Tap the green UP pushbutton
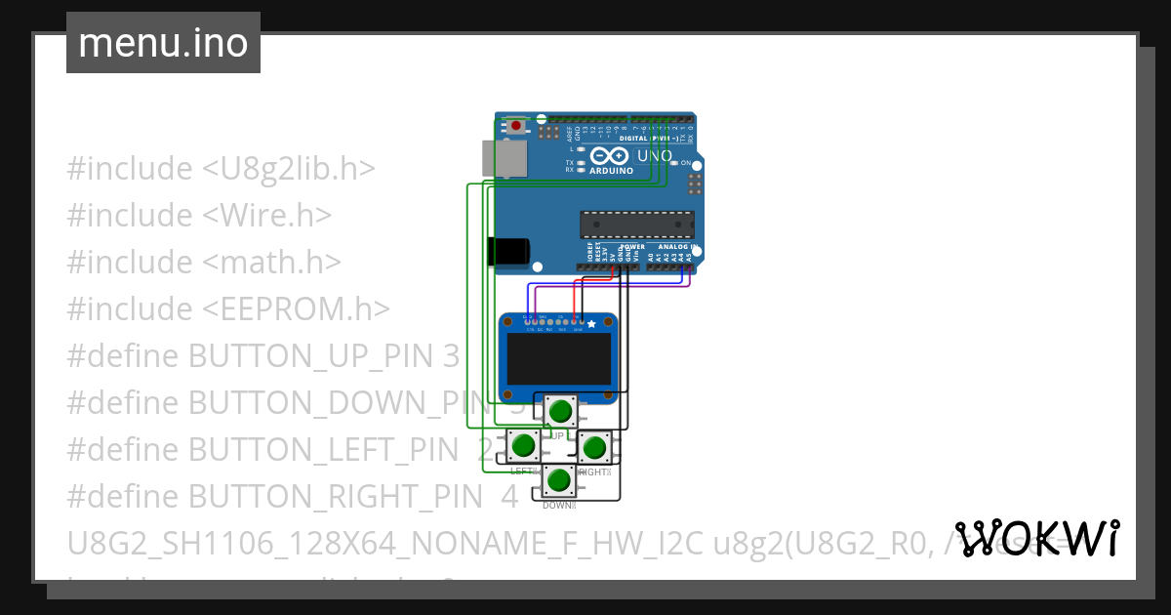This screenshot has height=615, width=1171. point(559,411)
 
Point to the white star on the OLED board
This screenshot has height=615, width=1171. point(590,323)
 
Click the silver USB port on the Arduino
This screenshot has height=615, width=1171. point(502,158)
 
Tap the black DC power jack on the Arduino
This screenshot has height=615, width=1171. point(508,252)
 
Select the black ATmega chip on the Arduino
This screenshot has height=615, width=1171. point(637,225)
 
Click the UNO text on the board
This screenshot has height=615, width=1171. point(654,155)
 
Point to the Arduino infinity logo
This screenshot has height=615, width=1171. point(610,156)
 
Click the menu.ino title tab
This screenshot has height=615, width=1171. point(163,43)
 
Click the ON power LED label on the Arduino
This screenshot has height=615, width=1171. point(685,163)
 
